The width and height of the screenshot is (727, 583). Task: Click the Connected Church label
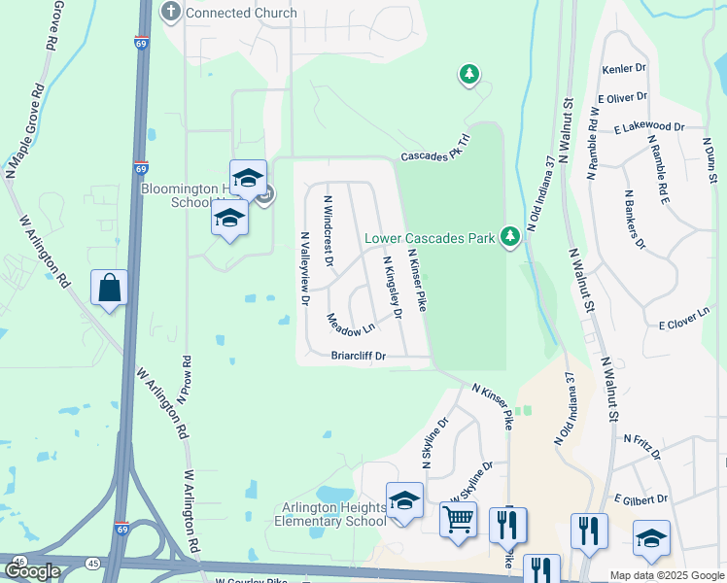click(x=240, y=13)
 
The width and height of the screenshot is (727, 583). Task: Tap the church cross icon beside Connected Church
click(x=171, y=13)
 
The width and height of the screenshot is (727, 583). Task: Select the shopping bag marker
click(x=109, y=289)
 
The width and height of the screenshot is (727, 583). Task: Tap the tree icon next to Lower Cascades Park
click(x=508, y=236)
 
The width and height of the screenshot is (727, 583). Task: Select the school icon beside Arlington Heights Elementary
click(x=404, y=501)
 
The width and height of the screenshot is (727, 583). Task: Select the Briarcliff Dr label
click(x=359, y=357)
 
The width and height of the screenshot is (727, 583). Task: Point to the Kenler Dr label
click(x=624, y=70)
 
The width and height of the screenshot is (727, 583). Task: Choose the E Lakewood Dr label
click(x=649, y=127)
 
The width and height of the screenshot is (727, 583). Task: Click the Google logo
click(x=32, y=571)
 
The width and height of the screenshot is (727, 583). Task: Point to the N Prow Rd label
click(x=182, y=379)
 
